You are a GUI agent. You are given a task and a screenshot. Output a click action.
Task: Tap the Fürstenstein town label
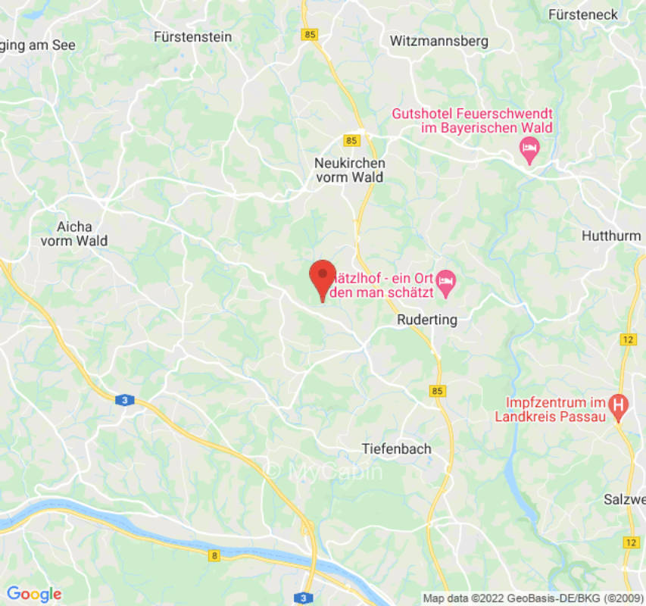click(x=192, y=36)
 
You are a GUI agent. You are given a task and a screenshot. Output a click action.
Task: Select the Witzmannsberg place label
click(x=438, y=41)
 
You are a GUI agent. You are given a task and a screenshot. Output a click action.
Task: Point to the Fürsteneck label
click(x=583, y=14)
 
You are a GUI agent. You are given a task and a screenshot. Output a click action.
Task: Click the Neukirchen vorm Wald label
click(x=349, y=170)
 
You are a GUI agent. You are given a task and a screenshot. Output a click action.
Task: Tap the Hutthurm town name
click(x=611, y=236)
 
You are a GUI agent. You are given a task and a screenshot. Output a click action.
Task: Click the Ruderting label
click(x=427, y=320)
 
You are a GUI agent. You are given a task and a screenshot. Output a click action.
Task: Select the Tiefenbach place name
click(x=396, y=448)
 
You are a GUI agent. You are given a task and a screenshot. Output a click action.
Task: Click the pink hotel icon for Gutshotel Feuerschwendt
click(x=529, y=149)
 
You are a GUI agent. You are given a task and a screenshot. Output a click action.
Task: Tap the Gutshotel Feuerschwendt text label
click(x=471, y=120)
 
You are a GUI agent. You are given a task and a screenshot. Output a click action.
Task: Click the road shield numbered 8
click(x=214, y=556)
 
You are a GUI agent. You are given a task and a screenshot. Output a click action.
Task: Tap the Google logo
click(x=33, y=594)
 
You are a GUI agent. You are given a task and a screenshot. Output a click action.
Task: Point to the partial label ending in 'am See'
click(x=38, y=45)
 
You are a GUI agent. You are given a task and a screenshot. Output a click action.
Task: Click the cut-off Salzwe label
click(x=625, y=499)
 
